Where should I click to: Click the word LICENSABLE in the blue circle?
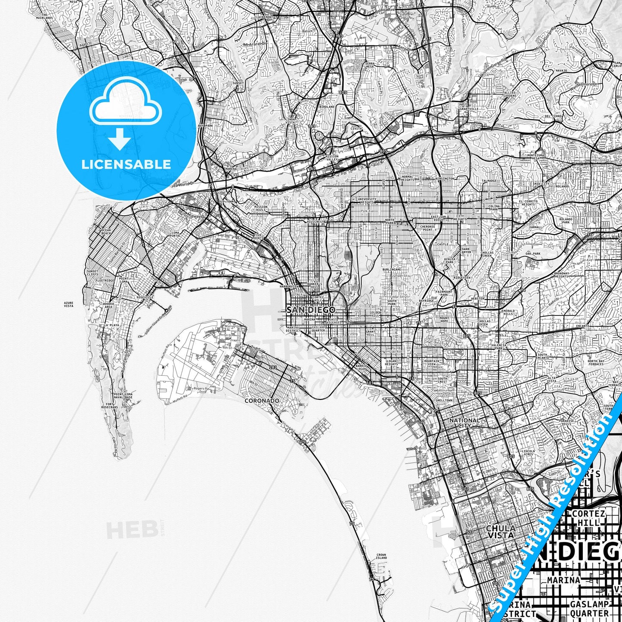coord(126,164)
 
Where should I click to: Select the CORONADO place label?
coord(262,401)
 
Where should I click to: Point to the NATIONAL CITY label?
coord(464,423)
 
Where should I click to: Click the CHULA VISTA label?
coord(500,532)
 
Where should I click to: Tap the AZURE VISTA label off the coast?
coord(68,304)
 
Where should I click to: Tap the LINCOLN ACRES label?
coord(528,452)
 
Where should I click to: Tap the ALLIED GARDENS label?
coord(510,94)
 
